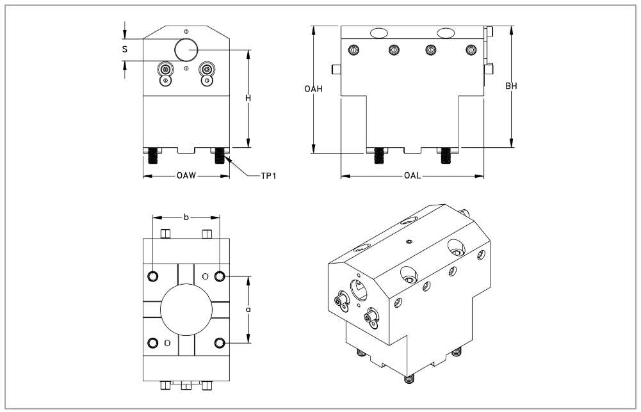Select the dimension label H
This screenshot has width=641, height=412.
pyautogui.click(x=248, y=99)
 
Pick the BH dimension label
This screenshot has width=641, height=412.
pyautogui.click(x=511, y=86)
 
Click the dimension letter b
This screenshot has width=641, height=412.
pyautogui.click(x=186, y=218)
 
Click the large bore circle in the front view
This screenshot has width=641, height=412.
pyautogui.click(x=186, y=49)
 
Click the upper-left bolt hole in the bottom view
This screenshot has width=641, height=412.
pyautogui.click(x=153, y=276)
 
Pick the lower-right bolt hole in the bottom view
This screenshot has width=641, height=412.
pyautogui.click(x=220, y=343)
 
